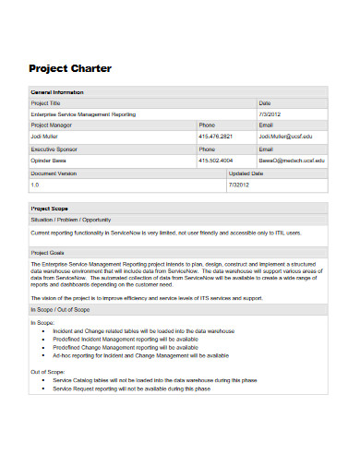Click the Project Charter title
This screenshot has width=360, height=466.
[x=70, y=68]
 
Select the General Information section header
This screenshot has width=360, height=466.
[x=57, y=92]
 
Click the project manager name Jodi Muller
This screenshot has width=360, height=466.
[x=46, y=136]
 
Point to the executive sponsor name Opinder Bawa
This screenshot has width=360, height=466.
[x=50, y=160]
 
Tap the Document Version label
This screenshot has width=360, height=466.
[x=54, y=173]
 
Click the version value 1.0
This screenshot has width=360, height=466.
[x=35, y=185]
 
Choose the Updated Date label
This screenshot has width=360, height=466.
[x=246, y=173]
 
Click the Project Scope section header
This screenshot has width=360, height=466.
[x=48, y=209]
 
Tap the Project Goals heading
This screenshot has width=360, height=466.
[x=47, y=252]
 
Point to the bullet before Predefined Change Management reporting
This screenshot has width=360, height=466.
[x=44, y=347]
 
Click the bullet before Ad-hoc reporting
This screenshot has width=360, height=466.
[x=44, y=355]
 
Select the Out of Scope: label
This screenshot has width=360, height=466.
[x=46, y=371]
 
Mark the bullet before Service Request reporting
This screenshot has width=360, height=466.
[x=44, y=388]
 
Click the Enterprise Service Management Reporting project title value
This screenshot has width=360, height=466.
[x=83, y=114]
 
